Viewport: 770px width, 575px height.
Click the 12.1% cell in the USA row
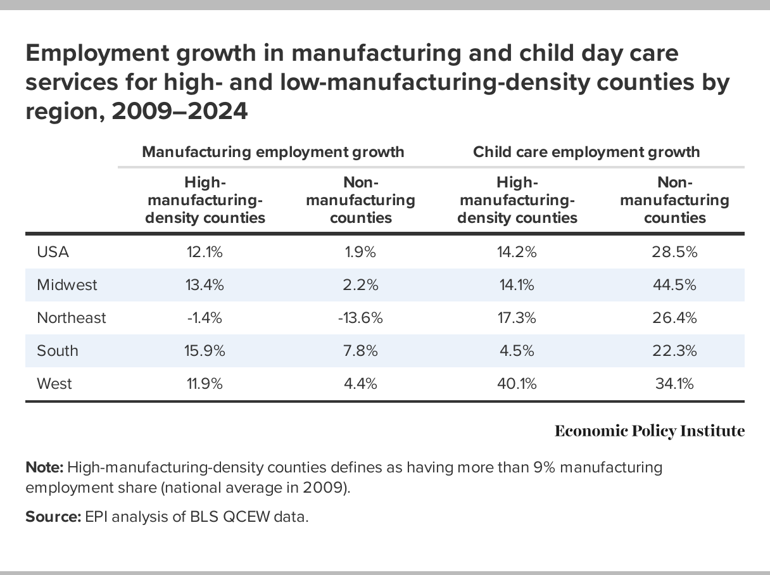(x=205, y=252)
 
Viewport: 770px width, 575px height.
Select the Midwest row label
(x=67, y=285)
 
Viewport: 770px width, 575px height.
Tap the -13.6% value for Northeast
(x=360, y=318)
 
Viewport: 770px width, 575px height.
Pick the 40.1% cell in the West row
(x=517, y=384)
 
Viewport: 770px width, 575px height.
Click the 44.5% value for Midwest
(x=674, y=285)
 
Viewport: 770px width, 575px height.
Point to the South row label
(x=58, y=351)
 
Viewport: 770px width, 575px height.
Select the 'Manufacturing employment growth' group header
(x=273, y=152)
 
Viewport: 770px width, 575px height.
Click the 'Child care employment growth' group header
(x=586, y=152)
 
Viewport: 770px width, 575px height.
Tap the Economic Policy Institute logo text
(x=650, y=431)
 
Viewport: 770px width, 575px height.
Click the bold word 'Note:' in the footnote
(x=44, y=468)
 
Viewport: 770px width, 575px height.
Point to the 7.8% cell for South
(x=360, y=351)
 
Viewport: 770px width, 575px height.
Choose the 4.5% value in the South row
(x=517, y=351)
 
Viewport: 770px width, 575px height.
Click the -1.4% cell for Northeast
(x=205, y=318)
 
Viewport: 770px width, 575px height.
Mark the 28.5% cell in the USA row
(x=674, y=252)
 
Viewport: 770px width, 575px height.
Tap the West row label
(x=54, y=384)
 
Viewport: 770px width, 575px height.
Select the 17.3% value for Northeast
(x=517, y=318)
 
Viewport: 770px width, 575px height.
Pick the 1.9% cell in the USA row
(x=360, y=252)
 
